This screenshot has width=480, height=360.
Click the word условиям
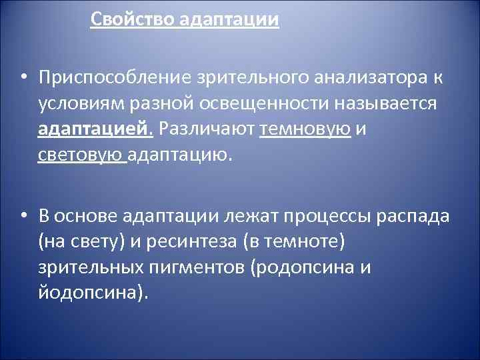(79, 103)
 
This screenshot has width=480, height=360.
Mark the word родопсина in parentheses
(307, 267)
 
